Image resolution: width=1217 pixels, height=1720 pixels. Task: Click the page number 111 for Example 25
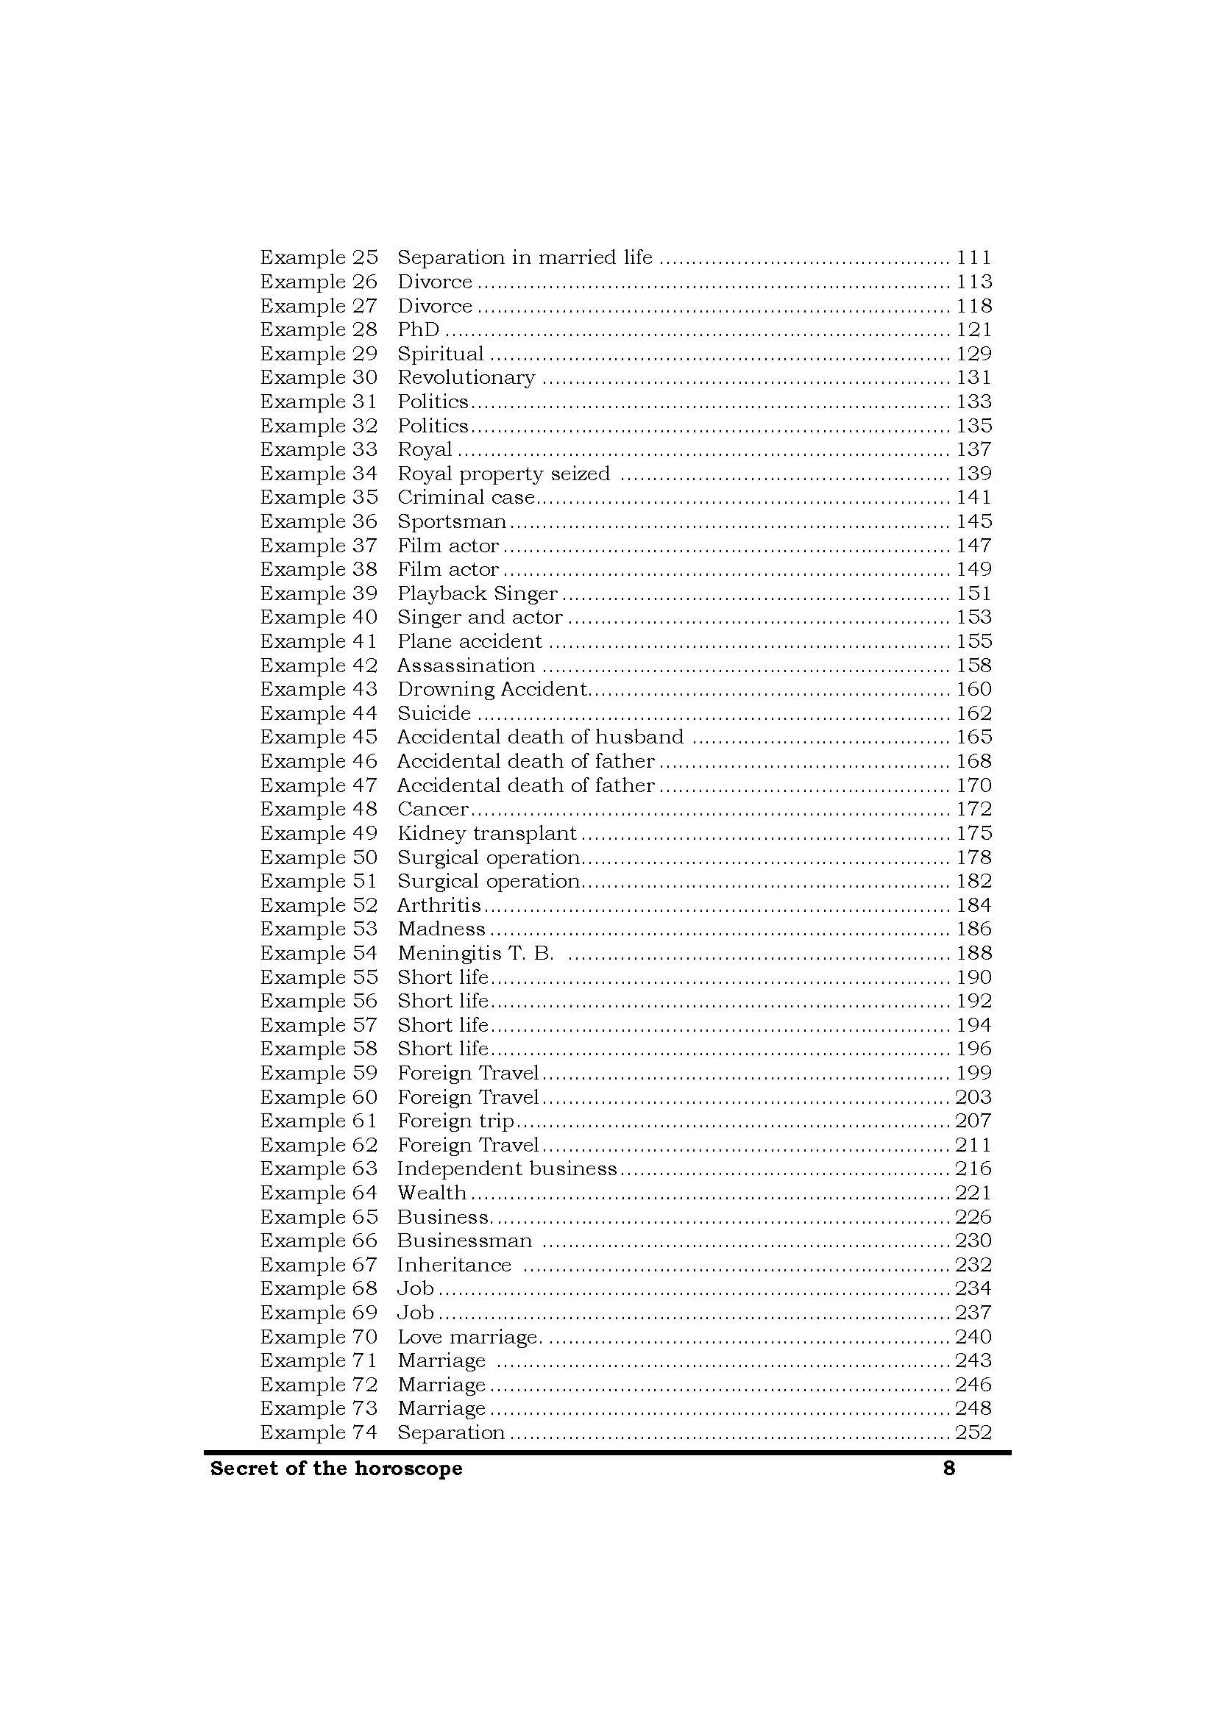click(x=973, y=257)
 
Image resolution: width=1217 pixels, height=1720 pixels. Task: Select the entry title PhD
click(x=418, y=329)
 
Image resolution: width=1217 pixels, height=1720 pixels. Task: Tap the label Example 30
click(x=319, y=377)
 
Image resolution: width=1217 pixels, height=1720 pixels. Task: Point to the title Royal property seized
click(x=503, y=474)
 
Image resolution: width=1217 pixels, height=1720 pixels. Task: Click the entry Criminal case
click(x=465, y=497)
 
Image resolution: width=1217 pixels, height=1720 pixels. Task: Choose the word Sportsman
click(x=452, y=521)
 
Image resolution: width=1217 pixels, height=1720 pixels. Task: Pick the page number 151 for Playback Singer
click(x=973, y=593)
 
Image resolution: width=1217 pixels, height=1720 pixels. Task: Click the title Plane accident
click(x=469, y=641)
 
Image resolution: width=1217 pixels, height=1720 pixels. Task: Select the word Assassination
click(x=465, y=665)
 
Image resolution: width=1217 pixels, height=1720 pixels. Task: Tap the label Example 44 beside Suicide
click(x=319, y=713)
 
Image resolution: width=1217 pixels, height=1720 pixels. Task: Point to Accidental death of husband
click(x=539, y=737)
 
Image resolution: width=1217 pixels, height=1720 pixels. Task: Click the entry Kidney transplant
click(x=487, y=833)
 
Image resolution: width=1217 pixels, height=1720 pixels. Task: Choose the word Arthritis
click(x=439, y=905)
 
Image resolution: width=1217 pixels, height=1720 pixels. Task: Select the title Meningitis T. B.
click(x=475, y=953)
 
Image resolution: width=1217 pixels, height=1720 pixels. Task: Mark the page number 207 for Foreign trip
click(x=973, y=1121)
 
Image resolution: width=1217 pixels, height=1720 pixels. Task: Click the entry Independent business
click(x=506, y=1168)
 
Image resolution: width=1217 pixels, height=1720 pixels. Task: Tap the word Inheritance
click(x=454, y=1265)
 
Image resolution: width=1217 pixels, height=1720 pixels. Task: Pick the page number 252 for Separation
click(x=973, y=1432)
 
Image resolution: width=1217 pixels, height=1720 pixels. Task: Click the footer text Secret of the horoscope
click(x=336, y=1469)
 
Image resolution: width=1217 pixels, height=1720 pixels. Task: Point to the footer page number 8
click(x=948, y=1469)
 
